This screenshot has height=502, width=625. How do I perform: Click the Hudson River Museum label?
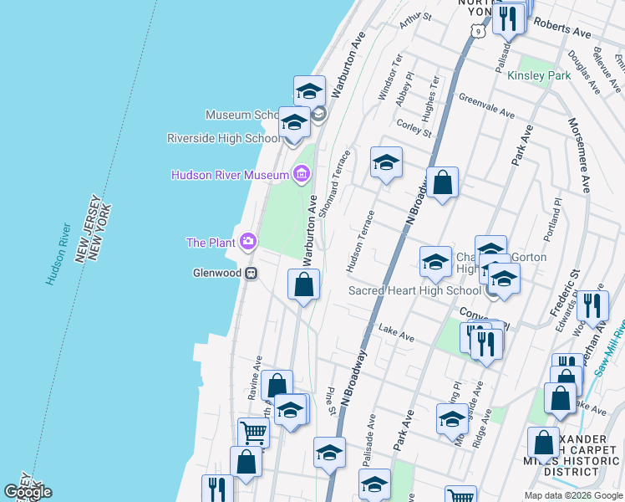pyautogui.click(x=229, y=175)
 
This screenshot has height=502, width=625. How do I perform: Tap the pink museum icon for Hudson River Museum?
pyautogui.click(x=301, y=175)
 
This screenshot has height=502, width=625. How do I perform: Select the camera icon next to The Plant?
pyautogui.click(x=248, y=243)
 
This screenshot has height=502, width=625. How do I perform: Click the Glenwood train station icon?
pyautogui.click(x=250, y=273)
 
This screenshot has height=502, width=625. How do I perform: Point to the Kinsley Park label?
pyautogui.click(x=539, y=75)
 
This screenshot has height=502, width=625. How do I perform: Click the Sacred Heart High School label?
pyautogui.click(x=414, y=290)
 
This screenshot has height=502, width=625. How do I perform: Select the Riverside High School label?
pyautogui.click(x=223, y=138)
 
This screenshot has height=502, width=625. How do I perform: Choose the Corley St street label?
pyautogui.click(x=414, y=129)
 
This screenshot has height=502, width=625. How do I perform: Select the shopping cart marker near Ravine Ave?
pyautogui.click(x=254, y=433)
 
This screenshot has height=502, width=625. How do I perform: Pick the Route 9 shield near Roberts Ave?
pyautogui.click(x=476, y=31)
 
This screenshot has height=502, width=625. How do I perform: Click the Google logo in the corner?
pyautogui.click(x=28, y=492)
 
